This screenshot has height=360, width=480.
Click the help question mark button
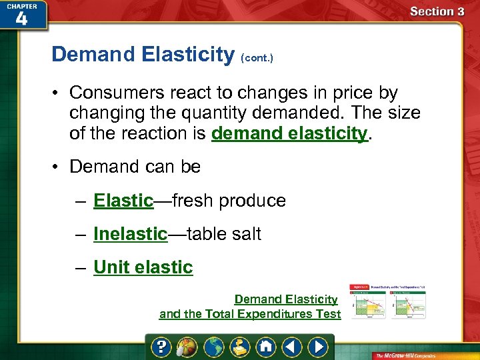162,347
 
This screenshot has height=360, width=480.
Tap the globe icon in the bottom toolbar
214,347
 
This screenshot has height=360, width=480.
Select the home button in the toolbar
266,347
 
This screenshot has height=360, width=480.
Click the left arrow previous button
291,347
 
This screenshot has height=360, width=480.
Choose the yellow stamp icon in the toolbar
240,347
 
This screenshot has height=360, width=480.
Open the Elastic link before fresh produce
123,201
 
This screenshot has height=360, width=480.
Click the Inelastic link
130,234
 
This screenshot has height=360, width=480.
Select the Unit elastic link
143,267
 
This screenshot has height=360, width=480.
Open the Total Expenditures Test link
250,314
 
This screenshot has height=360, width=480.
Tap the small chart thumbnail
388,301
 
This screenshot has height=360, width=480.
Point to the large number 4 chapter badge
21,18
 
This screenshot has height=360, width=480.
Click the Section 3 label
437,11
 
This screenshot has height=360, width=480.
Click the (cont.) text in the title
257,58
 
